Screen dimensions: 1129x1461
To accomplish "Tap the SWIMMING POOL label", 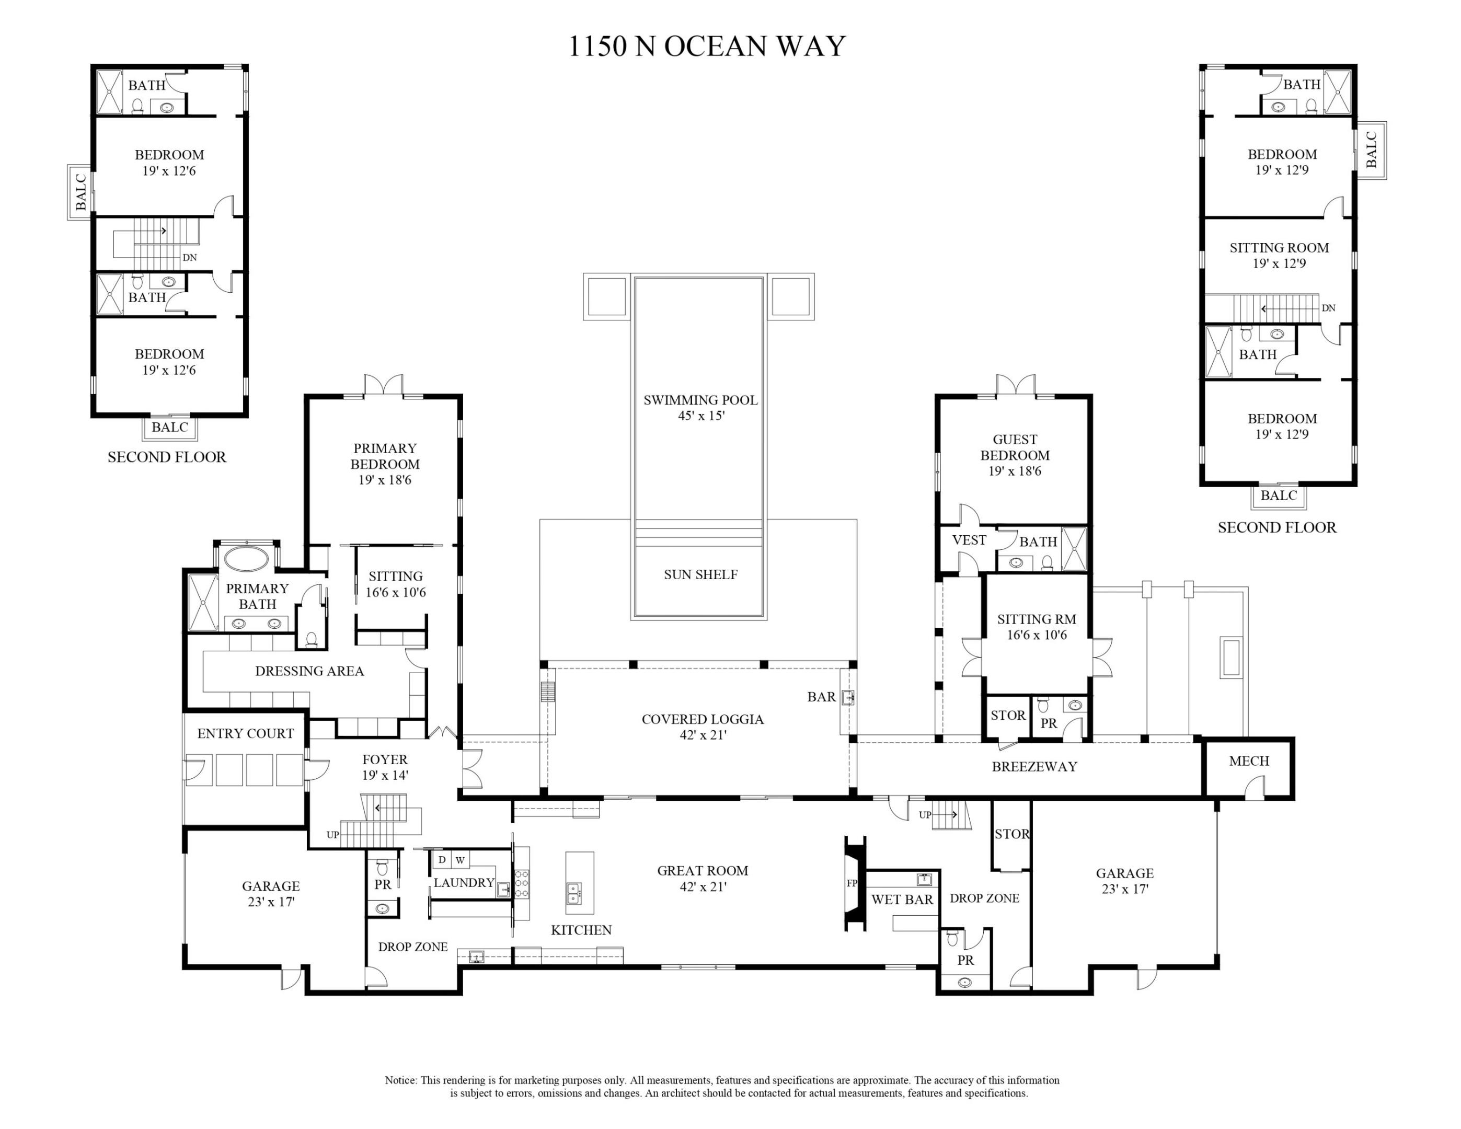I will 700,400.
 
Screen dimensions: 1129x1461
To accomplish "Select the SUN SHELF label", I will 700,574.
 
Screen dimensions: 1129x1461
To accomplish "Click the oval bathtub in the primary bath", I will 246,558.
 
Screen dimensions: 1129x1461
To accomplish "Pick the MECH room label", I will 1248,761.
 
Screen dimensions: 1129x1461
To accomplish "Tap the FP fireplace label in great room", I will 852,883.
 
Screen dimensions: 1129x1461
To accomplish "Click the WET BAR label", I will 901,900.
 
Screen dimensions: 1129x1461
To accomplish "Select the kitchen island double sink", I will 573,890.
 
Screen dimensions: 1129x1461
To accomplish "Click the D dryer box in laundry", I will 442,859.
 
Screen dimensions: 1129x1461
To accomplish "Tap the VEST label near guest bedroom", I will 969,540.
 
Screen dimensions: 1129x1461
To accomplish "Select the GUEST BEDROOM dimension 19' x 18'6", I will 1014,471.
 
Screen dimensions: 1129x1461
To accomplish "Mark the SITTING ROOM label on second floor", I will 1279,247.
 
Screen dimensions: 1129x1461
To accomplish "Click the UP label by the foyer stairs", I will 332,835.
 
